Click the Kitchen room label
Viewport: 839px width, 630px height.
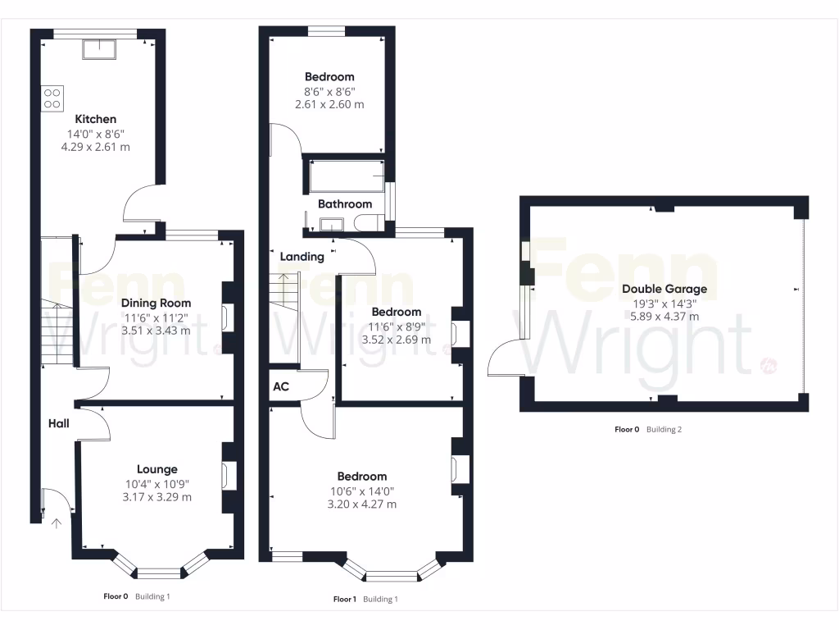point(96,119)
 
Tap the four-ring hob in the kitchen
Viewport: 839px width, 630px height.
point(52,98)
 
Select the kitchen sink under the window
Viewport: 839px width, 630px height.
point(99,50)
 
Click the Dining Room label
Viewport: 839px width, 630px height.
point(156,303)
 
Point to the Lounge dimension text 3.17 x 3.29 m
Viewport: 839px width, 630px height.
point(156,497)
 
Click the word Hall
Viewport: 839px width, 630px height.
point(58,423)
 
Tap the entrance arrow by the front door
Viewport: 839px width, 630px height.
point(57,523)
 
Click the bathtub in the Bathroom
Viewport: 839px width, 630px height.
point(345,176)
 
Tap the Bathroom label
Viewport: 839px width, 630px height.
point(345,203)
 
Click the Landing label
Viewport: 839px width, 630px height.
point(302,257)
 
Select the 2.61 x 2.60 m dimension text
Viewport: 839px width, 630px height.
point(329,105)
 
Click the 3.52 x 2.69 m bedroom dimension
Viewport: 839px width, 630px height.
point(397,340)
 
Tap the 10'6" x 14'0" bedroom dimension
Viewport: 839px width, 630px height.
point(362,491)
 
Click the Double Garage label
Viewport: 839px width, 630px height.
point(664,289)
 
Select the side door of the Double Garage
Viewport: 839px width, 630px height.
point(506,361)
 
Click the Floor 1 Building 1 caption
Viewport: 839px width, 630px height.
point(365,599)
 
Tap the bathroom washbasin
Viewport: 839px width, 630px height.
point(333,224)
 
